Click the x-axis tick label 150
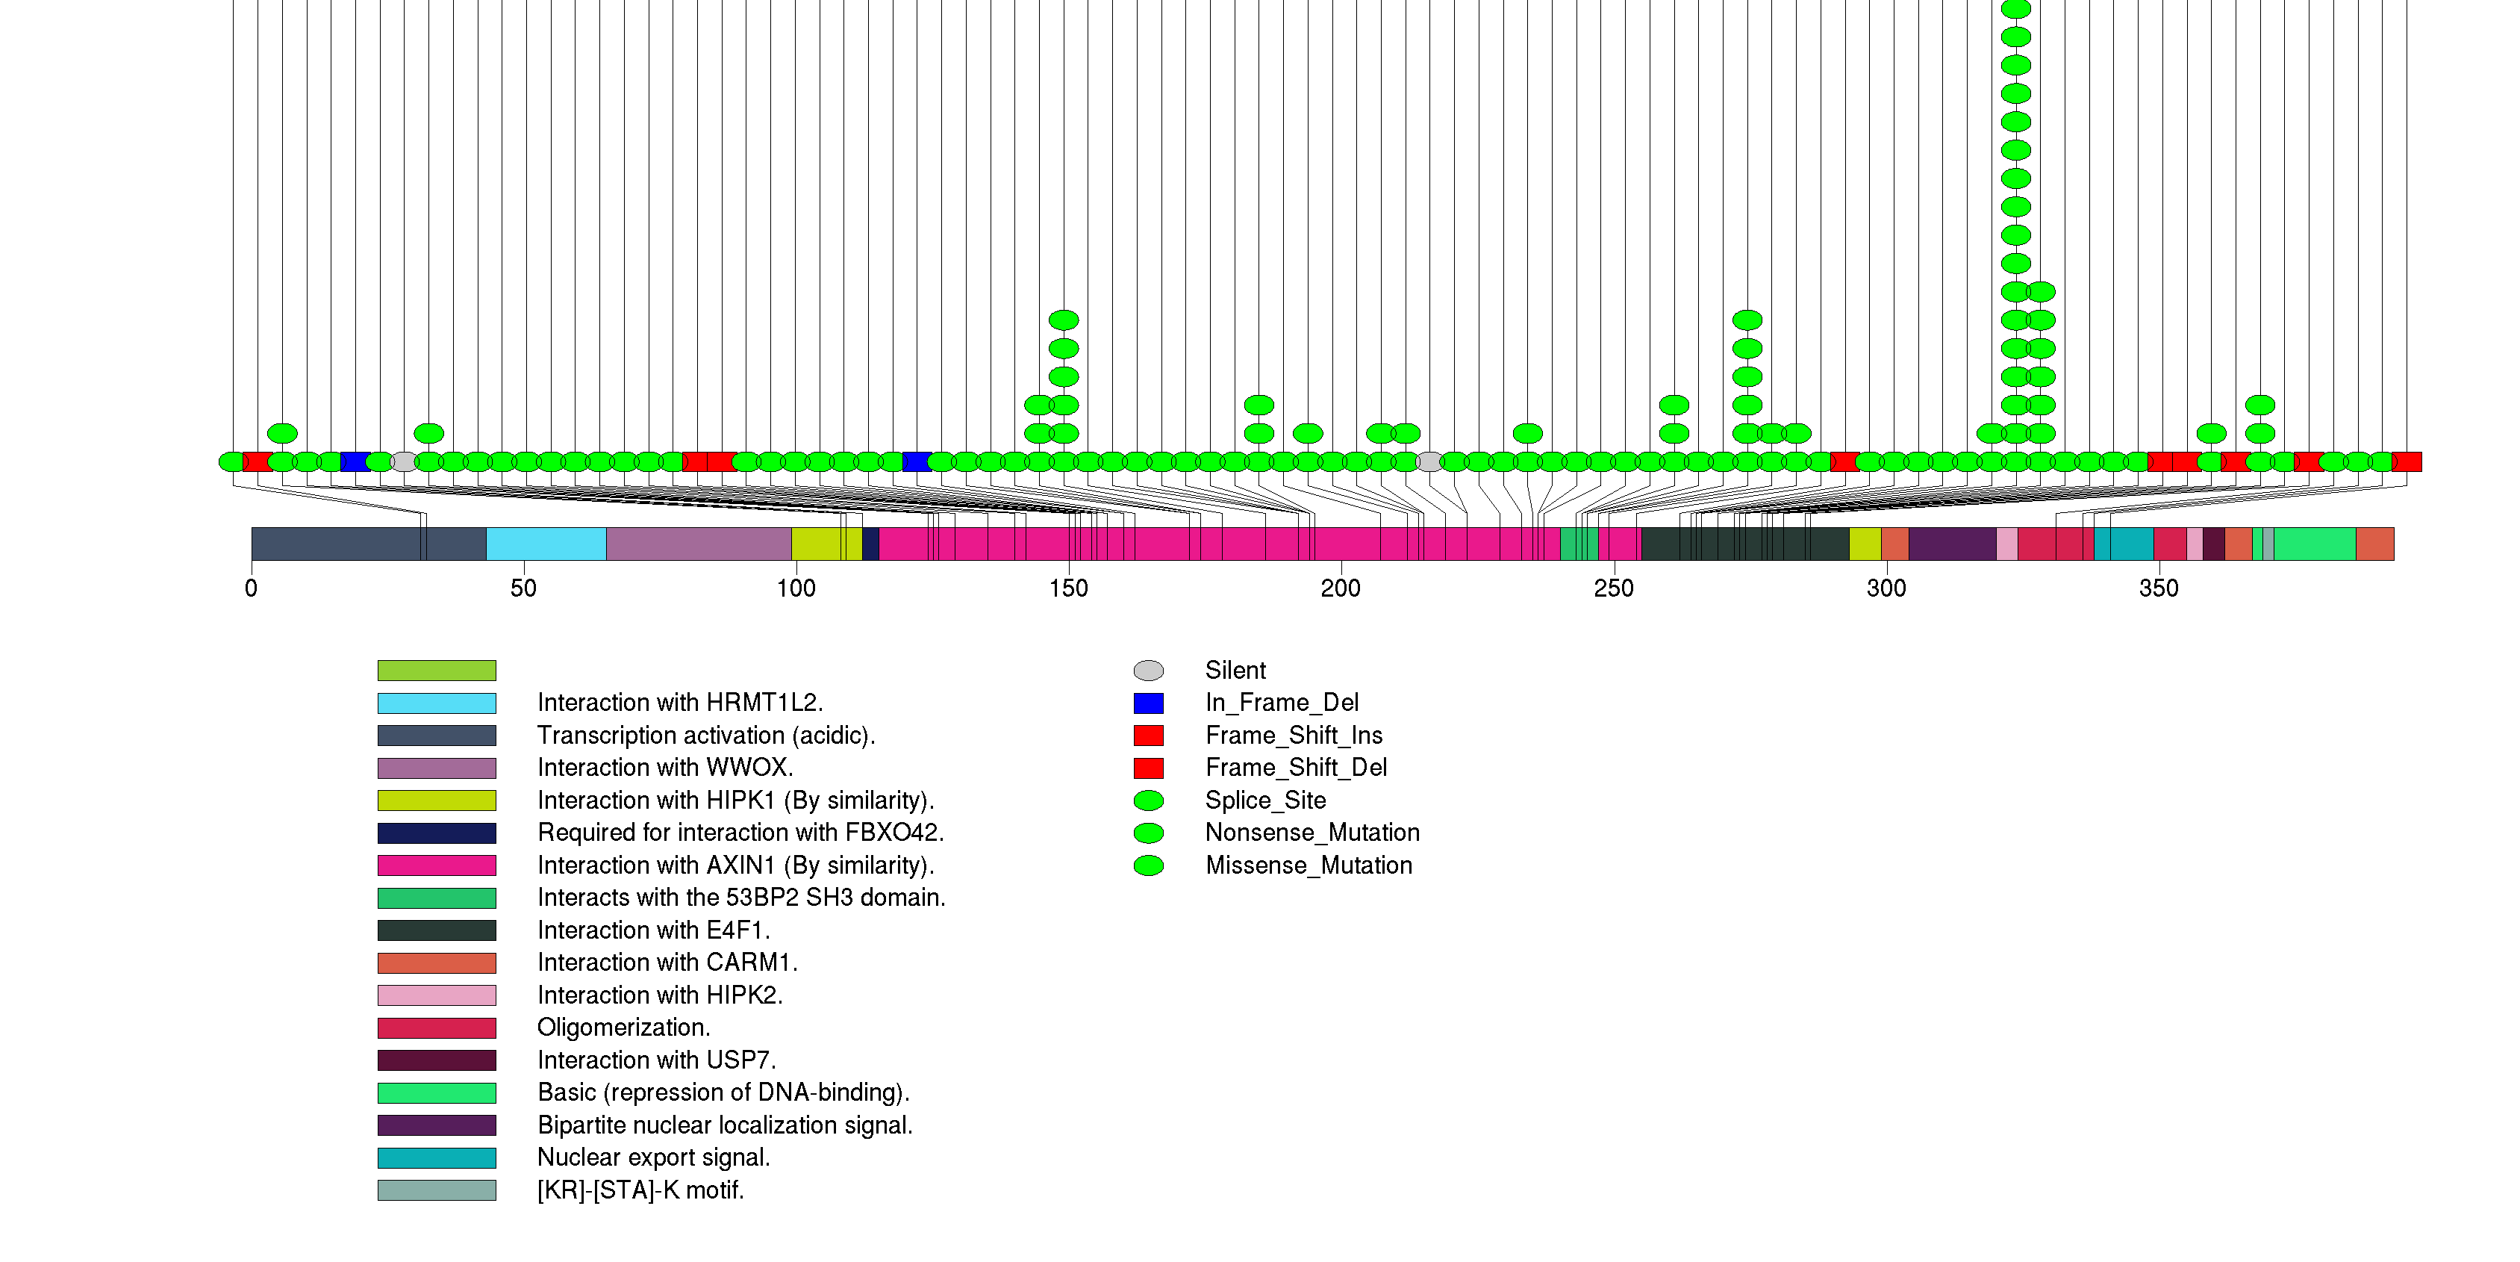1068,588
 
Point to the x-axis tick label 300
1886,588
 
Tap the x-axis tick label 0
252,588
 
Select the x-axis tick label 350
2159,588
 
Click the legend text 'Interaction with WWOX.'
665,768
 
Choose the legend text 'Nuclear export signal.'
653,1157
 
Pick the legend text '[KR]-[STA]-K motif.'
640,1190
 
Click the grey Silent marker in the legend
1149,670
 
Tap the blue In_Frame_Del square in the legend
1149,703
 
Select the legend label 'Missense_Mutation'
1309,865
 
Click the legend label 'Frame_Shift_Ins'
1294,736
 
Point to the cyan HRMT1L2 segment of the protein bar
546,544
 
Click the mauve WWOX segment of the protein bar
699,544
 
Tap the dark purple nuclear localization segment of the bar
1952,544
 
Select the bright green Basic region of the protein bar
2315,544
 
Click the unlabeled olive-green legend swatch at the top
437,670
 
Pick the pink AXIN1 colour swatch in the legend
437,865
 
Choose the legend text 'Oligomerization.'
624,1028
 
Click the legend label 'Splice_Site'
1266,801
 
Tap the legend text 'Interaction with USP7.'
656,1060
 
